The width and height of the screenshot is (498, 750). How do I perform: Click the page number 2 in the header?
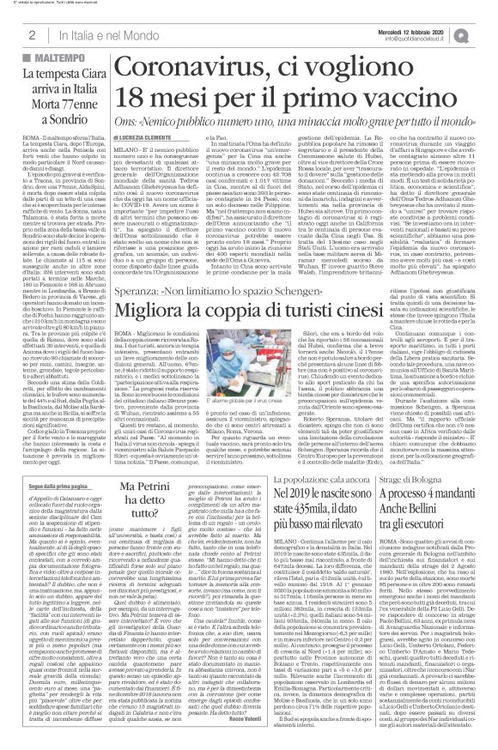coord(31,34)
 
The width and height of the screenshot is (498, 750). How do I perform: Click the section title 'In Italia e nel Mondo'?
coord(95,34)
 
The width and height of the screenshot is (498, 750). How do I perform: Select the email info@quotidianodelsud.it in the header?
coord(431,39)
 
